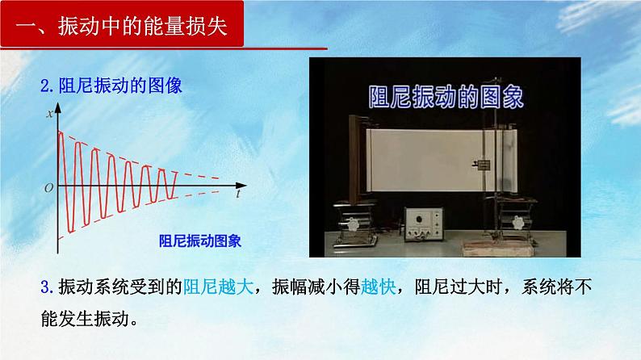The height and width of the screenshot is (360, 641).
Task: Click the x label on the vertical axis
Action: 49,114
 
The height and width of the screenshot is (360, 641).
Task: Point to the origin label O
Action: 48,187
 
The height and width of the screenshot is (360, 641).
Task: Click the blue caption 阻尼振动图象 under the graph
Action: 202,240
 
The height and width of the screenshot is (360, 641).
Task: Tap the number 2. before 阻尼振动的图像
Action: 46,85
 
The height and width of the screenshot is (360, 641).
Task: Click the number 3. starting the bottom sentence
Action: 46,285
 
